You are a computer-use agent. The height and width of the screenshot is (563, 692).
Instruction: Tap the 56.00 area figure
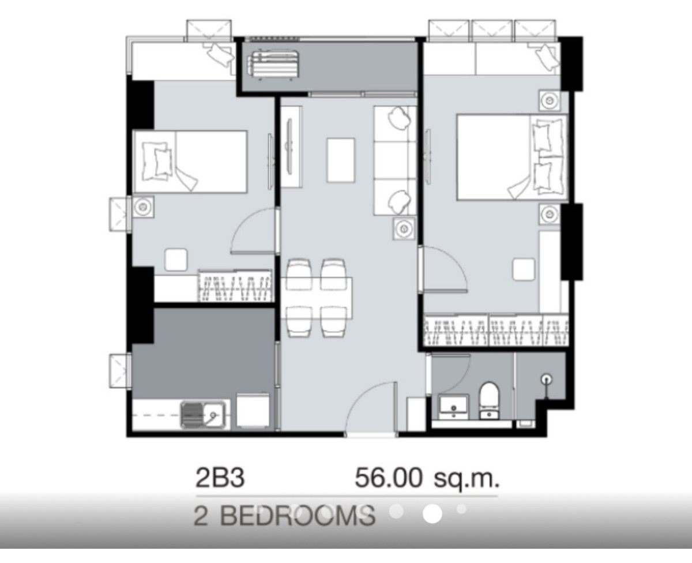[389, 478]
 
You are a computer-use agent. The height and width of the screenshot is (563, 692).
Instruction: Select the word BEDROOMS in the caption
[298, 516]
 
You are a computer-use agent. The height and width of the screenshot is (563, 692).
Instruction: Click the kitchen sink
[203, 415]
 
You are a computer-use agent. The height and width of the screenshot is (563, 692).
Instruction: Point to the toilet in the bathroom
[489, 400]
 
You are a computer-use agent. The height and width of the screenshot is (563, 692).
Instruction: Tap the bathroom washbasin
[453, 407]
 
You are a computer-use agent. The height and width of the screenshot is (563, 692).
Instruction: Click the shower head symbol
[547, 379]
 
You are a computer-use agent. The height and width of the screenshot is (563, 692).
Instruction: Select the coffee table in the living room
[341, 160]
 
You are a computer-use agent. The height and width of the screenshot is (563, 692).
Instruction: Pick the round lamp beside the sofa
[404, 228]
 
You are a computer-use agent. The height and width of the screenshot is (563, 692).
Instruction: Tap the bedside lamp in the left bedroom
[143, 207]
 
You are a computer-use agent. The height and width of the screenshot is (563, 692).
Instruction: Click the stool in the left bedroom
[176, 260]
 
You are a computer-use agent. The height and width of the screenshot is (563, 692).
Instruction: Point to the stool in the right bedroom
[524, 269]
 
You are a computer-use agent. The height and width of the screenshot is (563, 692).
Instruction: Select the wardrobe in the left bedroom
[235, 286]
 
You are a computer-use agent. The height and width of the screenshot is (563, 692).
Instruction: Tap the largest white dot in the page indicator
[432, 514]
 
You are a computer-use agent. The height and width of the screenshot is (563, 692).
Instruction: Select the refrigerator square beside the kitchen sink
[253, 410]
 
